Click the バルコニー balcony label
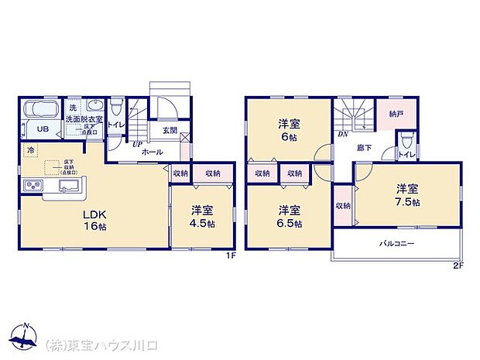point(396,243)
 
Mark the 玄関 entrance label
point(170,131)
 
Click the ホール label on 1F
point(152,152)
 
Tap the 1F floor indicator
point(230,255)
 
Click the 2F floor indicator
point(458,266)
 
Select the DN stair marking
point(342,133)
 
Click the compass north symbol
point(27,334)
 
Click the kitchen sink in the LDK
point(68,186)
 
